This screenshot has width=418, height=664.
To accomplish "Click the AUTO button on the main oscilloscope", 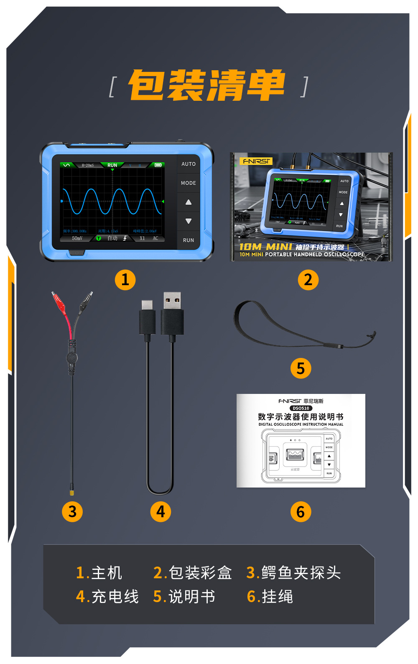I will coord(189,164).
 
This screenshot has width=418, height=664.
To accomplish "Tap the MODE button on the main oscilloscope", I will coord(189,183).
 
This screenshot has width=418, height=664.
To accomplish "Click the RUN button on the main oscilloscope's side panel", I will coord(189,240).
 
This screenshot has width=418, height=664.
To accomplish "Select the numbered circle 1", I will coord(125,280).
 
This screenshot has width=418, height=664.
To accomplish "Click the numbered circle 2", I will coord(308,280).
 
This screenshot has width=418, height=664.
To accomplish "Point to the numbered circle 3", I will coord(72,511).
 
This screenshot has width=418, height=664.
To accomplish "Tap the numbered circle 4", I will coord(161,511).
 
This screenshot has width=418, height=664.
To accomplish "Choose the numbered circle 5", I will coord(301,368).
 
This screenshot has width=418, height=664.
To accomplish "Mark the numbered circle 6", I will coord(301,511).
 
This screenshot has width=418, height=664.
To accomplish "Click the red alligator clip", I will coord(60,302).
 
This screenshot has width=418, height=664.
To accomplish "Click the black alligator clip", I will coord(86,300).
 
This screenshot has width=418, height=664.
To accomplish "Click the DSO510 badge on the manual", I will coord(301,408).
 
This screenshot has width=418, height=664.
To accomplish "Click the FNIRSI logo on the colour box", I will coord(257,161).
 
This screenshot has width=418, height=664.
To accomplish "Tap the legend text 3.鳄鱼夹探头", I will coord(293,573).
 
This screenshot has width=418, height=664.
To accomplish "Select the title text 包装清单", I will coord(207,86).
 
